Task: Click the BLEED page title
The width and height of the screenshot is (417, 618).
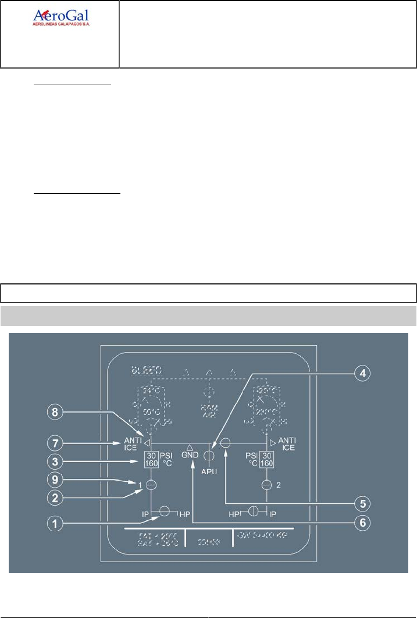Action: (147, 370)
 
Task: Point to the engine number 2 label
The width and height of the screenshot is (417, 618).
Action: (279, 484)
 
